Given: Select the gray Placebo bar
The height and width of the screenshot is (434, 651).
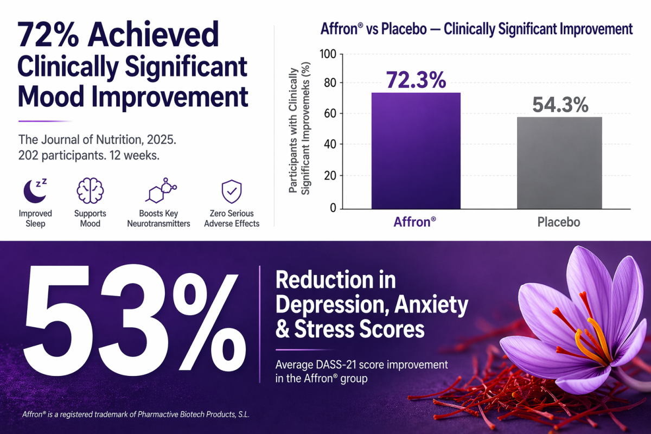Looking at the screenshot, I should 559,163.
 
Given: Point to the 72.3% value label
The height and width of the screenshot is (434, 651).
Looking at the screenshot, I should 416,80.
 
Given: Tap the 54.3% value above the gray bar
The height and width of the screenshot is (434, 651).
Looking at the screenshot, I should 560,105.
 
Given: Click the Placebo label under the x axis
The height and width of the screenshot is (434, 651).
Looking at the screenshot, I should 559,222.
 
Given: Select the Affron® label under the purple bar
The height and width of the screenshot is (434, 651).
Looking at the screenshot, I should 414,222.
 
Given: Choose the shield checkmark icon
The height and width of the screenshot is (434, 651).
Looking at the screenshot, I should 232,192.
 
